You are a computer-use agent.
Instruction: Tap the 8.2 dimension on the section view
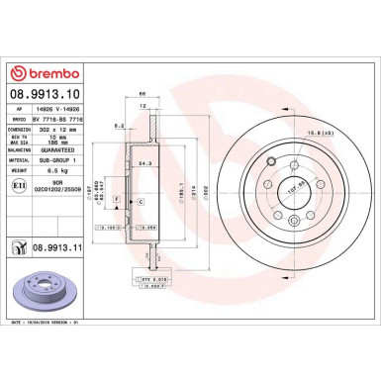pyautogui.click(x=118, y=126)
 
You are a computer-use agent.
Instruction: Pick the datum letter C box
pyautogui.click(x=141, y=201)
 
